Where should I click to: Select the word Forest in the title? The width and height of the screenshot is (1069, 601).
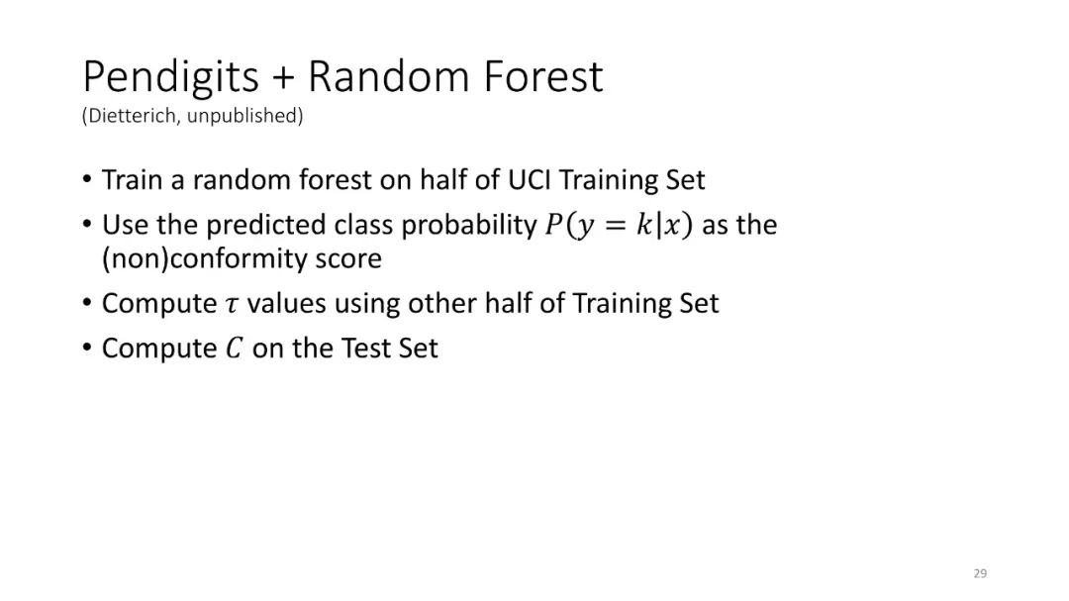click(x=543, y=75)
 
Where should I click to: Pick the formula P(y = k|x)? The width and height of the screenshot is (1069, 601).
click(x=619, y=225)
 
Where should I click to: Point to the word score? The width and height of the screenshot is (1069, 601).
click(x=347, y=260)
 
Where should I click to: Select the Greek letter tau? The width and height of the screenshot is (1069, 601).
click(x=233, y=305)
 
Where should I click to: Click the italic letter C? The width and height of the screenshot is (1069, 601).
click(x=234, y=349)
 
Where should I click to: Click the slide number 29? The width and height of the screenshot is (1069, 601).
click(x=980, y=573)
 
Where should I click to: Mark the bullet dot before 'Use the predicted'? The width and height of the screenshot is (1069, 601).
click(x=86, y=224)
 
